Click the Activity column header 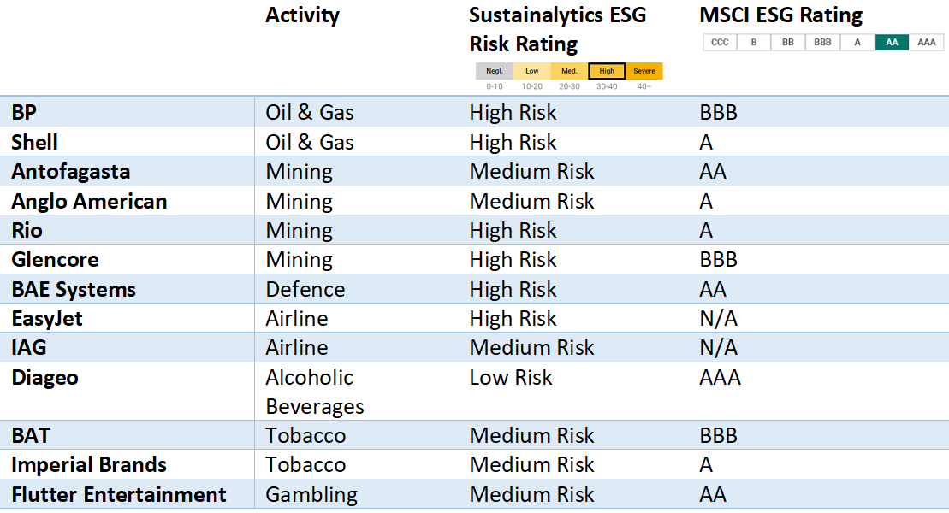[302, 15]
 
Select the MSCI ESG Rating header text [780, 15]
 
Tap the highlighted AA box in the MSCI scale [892, 42]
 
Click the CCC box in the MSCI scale [720, 42]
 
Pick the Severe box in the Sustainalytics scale [644, 71]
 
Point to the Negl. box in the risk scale [495, 71]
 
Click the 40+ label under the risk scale [644, 86]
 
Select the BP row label [24, 113]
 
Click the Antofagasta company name [70, 171]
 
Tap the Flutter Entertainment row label [118, 494]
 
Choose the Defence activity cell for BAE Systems [305, 289]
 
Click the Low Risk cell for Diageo [511, 377]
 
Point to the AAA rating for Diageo [720, 377]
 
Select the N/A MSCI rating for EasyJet [718, 318]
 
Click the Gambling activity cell [311, 494]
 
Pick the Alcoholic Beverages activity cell [313, 392]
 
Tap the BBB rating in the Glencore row [718, 259]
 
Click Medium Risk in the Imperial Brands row [531, 464]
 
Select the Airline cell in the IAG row [296, 347]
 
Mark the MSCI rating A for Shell [706, 142]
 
